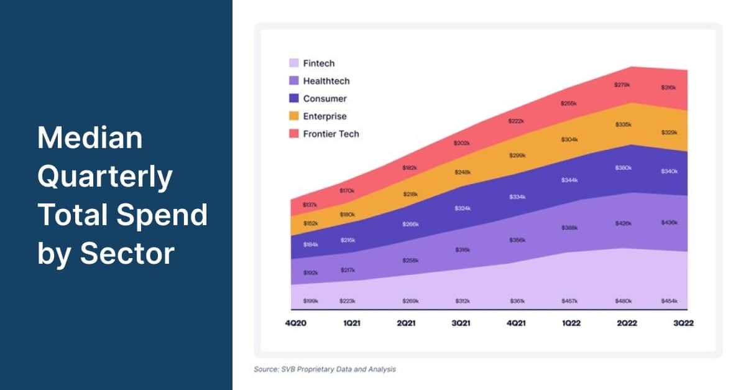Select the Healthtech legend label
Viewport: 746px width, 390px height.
click(x=326, y=81)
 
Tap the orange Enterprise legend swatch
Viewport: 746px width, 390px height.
click(x=294, y=116)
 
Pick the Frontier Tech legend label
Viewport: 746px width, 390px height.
click(x=331, y=134)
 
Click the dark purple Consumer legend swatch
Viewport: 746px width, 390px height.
click(x=294, y=98)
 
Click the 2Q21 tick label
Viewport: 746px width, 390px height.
click(x=407, y=324)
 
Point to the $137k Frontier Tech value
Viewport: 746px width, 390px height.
click(x=310, y=205)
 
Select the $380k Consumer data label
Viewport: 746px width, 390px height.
click(x=623, y=168)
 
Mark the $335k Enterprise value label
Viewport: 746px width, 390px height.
click(x=623, y=125)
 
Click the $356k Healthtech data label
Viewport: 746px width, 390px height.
click(x=517, y=239)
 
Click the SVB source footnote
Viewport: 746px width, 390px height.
click(x=325, y=369)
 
